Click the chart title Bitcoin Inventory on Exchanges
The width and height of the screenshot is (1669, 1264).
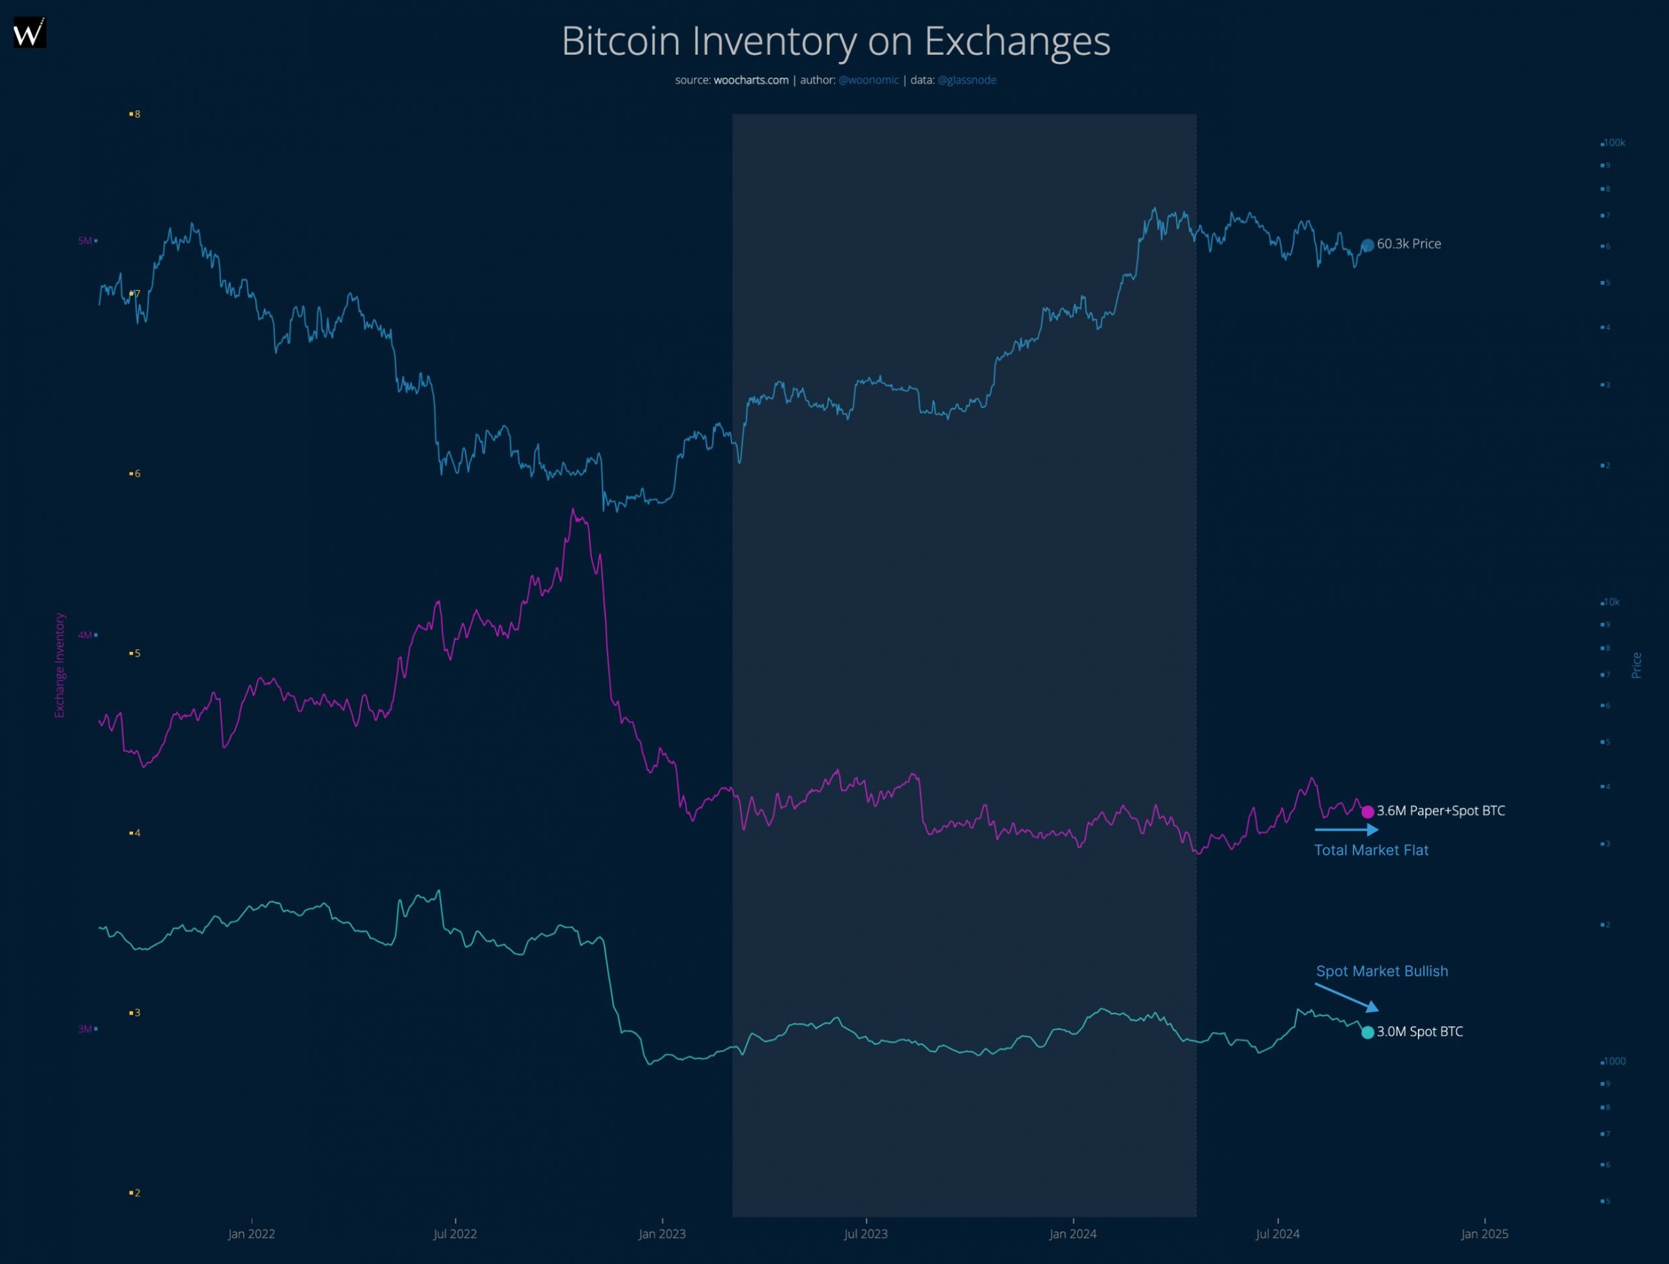(x=835, y=41)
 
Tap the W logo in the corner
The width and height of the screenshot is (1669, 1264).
(x=29, y=33)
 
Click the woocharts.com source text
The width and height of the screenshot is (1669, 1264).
(x=751, y=80)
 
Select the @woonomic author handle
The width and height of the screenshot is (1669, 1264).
(x=868, y=80)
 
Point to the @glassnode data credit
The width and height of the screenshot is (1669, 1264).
(x=967, y=80)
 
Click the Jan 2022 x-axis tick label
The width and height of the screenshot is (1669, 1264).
(x=251, y=1234)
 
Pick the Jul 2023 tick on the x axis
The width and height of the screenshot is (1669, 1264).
(x=865, y=1234)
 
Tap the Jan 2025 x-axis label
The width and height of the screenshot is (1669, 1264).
(x=1484, y=1234)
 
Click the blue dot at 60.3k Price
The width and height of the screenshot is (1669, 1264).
(x=1367, y=245)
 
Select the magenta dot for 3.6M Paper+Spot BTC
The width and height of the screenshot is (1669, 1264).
(x=1367, y=812)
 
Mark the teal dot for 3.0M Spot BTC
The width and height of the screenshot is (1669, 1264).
(x=1367, y=1033)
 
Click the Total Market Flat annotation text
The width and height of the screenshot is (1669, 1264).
(x=1371, y=851)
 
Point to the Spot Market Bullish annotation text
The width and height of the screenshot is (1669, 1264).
(x=1381, y=971)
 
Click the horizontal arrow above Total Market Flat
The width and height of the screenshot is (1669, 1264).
(x=1346, y=829)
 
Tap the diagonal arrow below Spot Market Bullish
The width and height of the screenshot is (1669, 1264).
(x=1347, y=997)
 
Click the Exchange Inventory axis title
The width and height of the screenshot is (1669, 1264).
(x=59, y=665)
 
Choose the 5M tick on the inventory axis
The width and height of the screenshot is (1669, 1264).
(x=85, y=241)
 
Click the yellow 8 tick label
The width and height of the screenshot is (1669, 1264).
(x=136, y=114)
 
